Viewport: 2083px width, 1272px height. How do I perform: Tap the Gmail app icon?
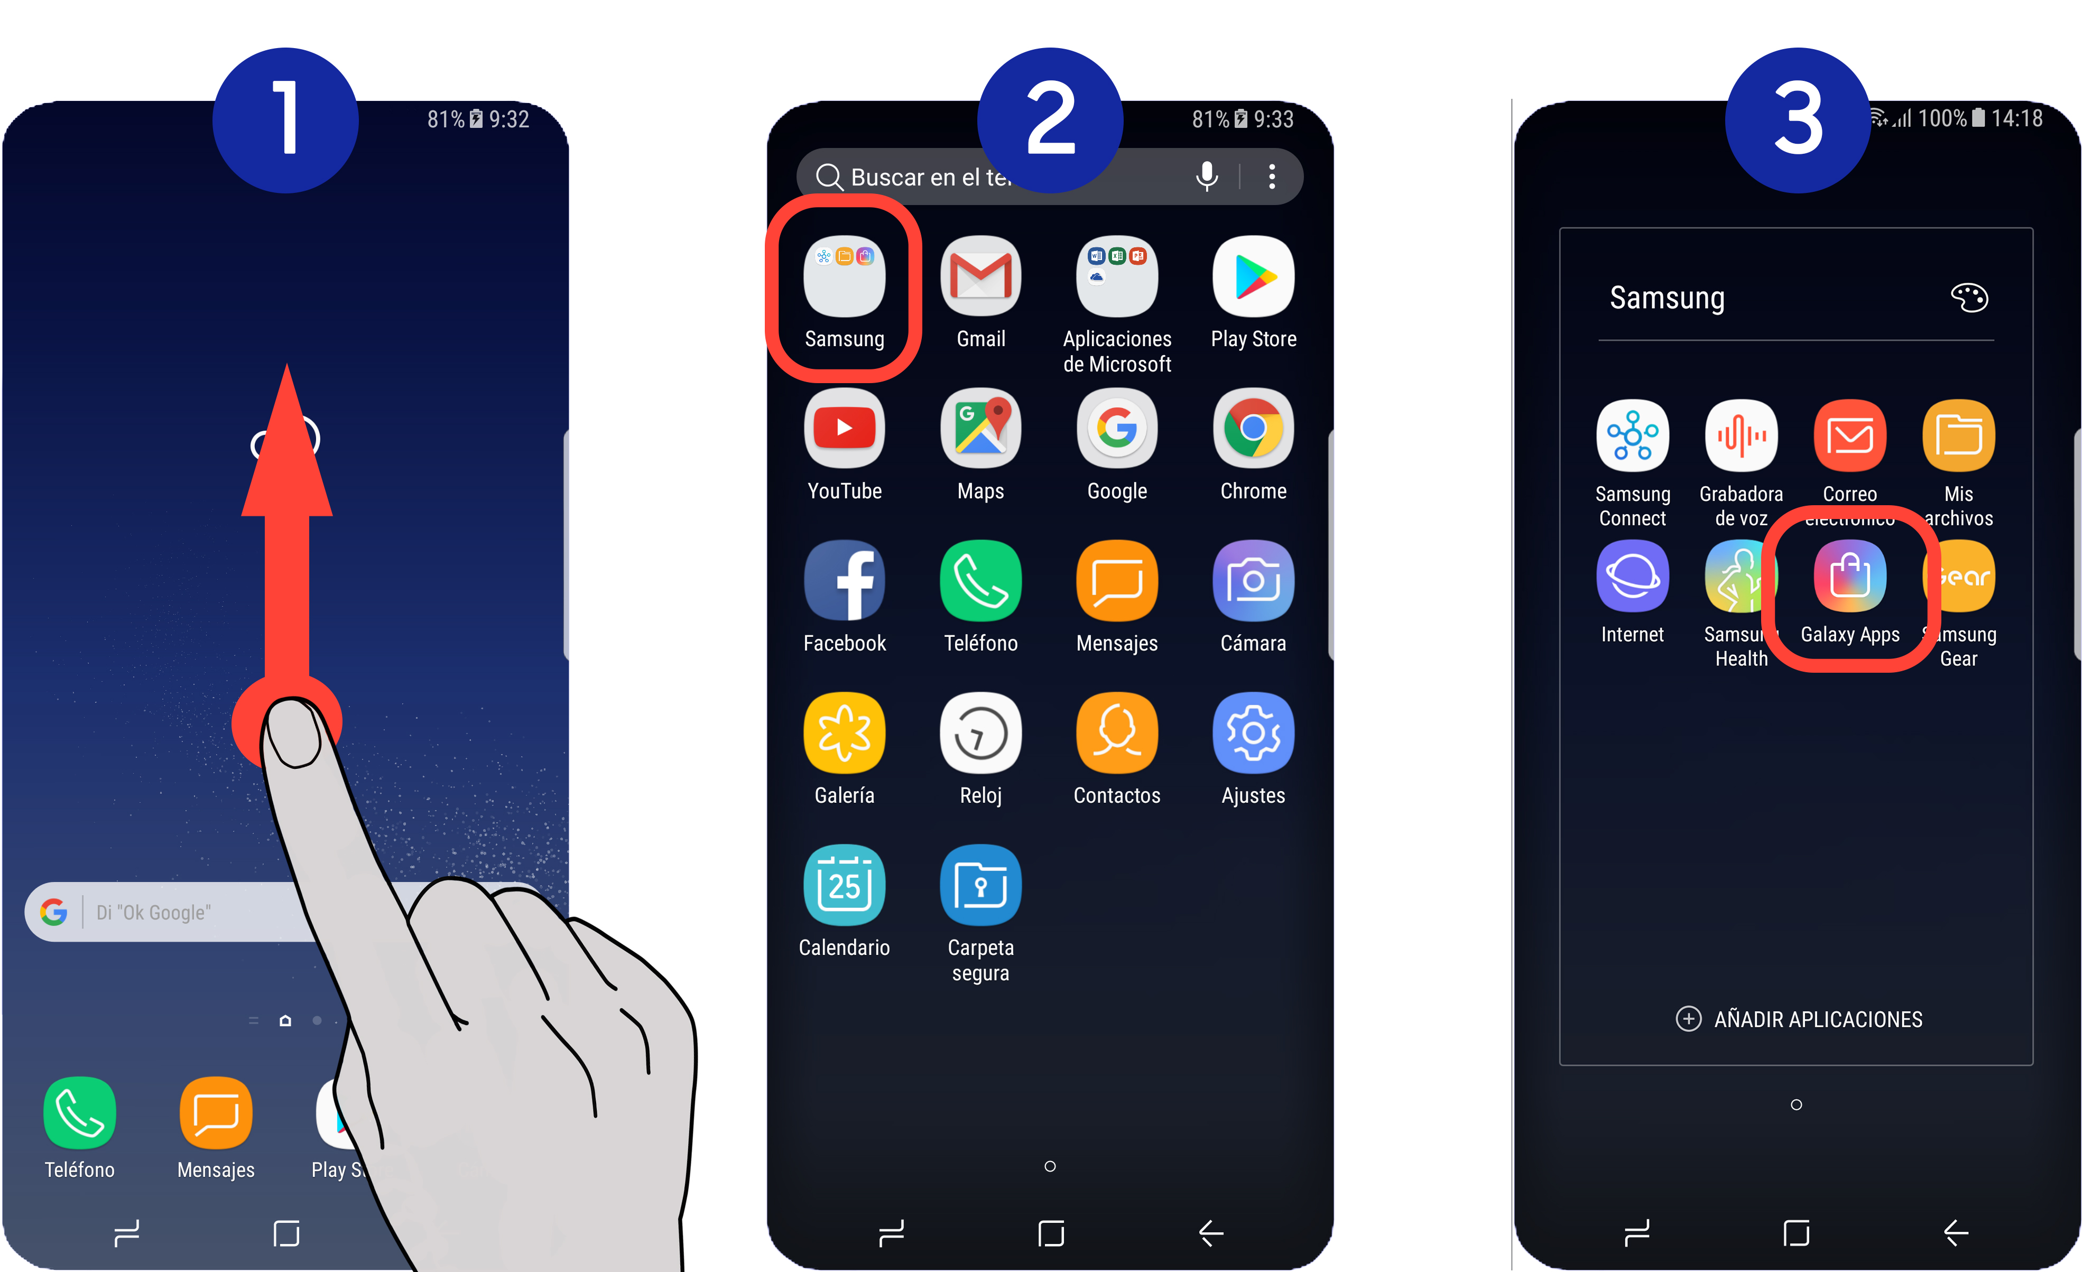980,276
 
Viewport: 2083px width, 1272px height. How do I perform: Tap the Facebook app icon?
845,581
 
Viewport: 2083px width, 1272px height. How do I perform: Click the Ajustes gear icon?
1253,733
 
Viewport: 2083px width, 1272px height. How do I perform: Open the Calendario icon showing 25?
845,885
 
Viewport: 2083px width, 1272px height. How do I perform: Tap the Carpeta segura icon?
980,885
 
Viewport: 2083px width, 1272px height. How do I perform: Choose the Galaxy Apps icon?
1850,577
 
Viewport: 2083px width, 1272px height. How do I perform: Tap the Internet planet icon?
1633,577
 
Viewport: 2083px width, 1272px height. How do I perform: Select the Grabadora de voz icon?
1741,435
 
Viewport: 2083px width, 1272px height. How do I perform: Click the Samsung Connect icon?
1633,435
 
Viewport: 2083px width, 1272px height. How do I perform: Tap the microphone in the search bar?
1206,176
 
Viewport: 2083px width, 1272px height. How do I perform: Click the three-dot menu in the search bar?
1272,176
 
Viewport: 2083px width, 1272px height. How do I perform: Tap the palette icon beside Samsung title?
1969,298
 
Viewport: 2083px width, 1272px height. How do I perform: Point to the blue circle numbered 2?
1050,120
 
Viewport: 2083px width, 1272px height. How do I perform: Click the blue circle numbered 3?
1797,120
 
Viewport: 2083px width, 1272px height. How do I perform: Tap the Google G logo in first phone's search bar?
54,912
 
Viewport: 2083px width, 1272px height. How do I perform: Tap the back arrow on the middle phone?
1210,1233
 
